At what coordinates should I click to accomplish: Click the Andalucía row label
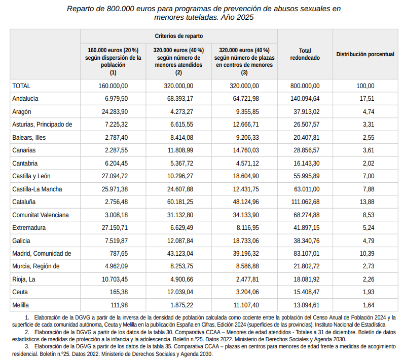(x=25, y=99)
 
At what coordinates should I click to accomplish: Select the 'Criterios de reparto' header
(x=178, y=36)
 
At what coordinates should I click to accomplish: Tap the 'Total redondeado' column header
(x=305, y=54)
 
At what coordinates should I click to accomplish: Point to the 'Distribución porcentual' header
(x=365, y=54)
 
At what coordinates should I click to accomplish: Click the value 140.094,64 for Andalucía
(x=305, y=99)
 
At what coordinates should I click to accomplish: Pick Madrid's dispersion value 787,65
(x=119, y=254)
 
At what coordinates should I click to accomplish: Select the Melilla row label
(x=21, y=305)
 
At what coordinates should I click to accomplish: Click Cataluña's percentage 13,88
(x=367, y=202)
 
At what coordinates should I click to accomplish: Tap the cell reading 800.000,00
(x=305, y=86)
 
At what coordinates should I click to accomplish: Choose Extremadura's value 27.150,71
(x=115, y=228)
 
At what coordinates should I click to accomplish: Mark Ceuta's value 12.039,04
(x=180, y=292)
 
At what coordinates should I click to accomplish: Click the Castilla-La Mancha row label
(x=38, y=189)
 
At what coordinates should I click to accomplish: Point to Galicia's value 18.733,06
(x=246, y=241)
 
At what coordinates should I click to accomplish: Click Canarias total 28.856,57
(x=307, y=150)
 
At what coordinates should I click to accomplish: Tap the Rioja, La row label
(x=24, y=279)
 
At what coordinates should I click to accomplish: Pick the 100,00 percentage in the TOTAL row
(x=365, y=86)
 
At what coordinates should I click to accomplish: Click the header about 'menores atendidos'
(x=178, y=61)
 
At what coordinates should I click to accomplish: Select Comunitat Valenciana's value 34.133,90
(x=246, y=215)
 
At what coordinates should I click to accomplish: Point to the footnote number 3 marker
(x=27, y=347)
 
